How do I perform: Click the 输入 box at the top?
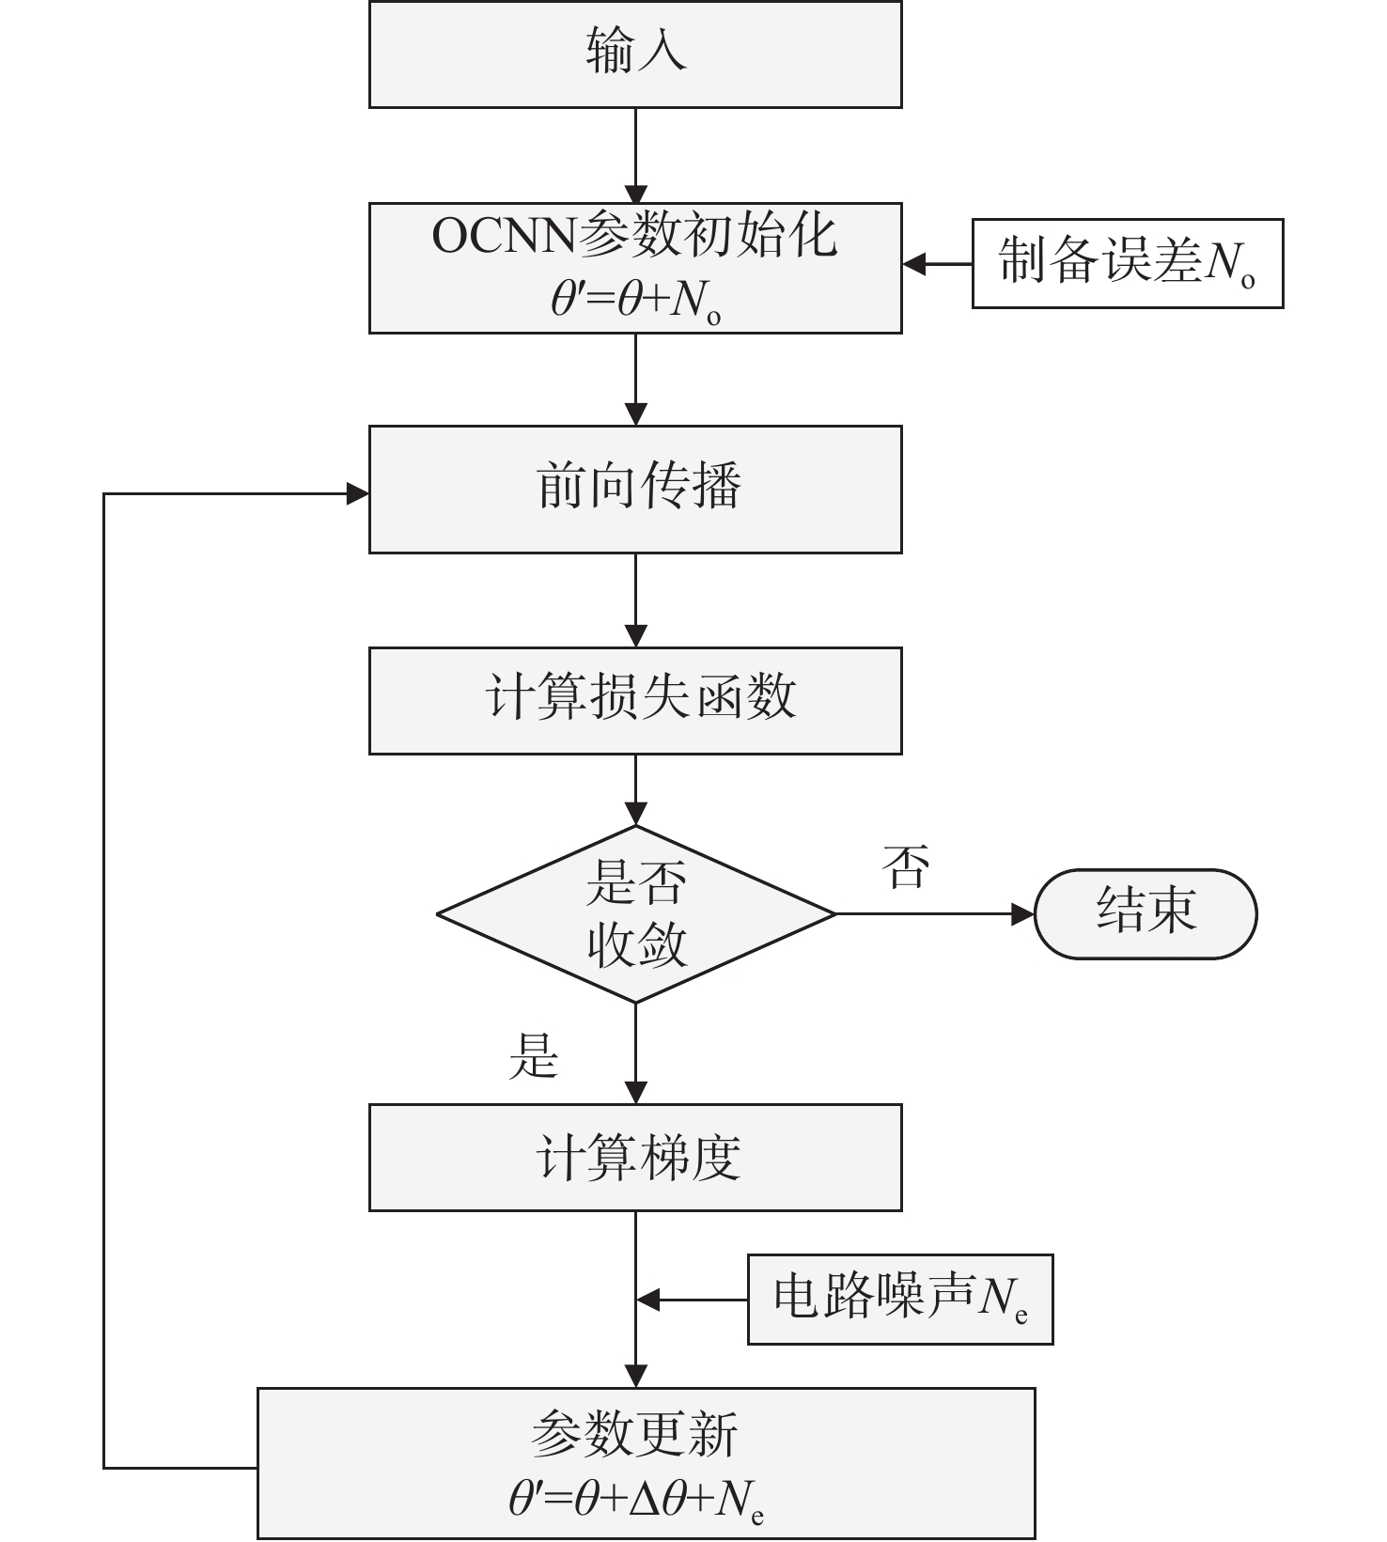[635, 54]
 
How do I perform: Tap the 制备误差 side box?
[1127, 263]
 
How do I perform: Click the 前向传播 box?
[635, 489]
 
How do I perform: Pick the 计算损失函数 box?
[635, 700]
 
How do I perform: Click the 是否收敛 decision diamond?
[635, 913]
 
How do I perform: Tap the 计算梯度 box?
[635, 1157]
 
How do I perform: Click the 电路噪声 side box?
[899, 1299]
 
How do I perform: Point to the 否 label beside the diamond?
[906, 866]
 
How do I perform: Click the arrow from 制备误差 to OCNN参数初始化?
[936, 264]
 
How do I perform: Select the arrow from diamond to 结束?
[934, 913]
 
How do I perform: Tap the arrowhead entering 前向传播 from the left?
[358, 493]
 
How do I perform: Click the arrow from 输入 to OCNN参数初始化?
[636, 155]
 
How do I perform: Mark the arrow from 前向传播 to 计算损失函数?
[636, 600]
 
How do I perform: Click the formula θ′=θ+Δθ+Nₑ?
[635, 1501]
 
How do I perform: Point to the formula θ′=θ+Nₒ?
[635, 302]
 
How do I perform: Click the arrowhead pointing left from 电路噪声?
[648, 1301]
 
